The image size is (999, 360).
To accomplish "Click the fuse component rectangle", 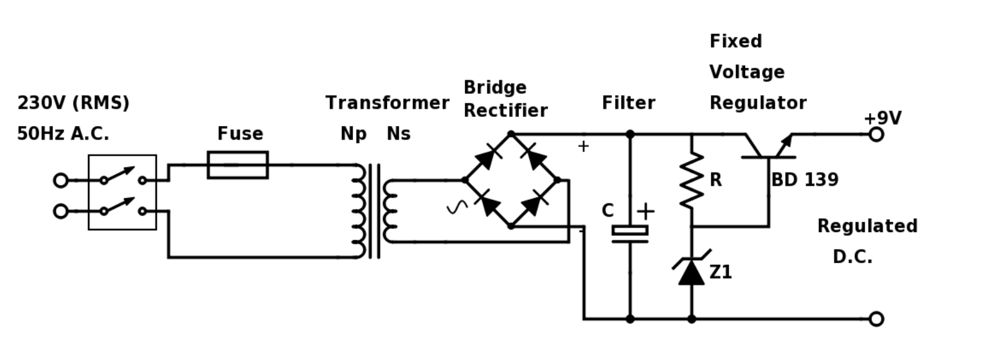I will click(x=237, y=165).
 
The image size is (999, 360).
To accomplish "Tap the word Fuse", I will click(x=240, y=134).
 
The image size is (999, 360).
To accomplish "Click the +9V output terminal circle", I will click(x=876, y=134).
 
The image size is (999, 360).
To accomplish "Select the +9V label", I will click(x=882, y=118).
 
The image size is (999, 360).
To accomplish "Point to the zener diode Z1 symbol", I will click(x=691, y=271).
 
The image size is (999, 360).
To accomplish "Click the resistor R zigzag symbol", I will click(x=691, y=180).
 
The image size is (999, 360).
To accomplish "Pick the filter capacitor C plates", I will click(x=630, y=235).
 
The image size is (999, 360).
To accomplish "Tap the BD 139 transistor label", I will click(x=804, y=180).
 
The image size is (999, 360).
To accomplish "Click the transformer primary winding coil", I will click(x=359, y=211).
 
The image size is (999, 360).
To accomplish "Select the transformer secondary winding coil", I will click(x=390, y=211).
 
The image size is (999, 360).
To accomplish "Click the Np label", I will click(x=353, y=134).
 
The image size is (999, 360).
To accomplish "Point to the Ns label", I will click(x=399, y=134).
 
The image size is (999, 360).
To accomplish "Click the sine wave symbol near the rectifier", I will click(x=457, y=207).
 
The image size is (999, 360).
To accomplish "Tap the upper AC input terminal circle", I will click(x=60, y=181).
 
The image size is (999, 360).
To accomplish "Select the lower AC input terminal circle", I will click(x=60, y=211).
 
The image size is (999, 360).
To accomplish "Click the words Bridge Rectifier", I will click(x=505, y=99).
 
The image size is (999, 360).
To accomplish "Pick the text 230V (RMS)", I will click(x=73, y=103).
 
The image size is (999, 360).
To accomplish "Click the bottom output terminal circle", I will click(x=876, y=319).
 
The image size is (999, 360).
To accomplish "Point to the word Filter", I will click(x=628, y=103).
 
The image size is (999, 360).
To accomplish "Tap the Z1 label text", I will click(x=721, y=273).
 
